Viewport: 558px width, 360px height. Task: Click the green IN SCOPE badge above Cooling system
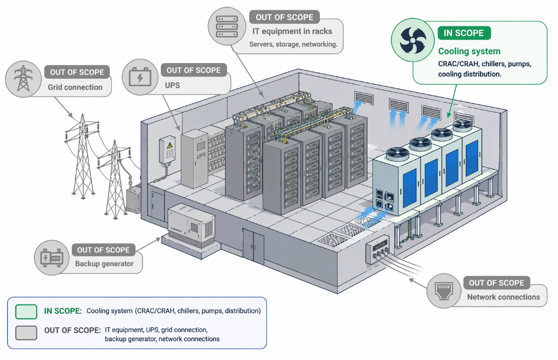click(464, 33)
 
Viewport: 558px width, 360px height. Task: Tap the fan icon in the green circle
click(413, 40)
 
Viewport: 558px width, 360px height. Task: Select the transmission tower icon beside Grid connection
click(23, 78)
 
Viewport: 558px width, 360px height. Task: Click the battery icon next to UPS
click(140, 77)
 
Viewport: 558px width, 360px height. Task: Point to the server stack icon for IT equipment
click(227, 27)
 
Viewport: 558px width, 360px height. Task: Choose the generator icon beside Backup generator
click(52, 257)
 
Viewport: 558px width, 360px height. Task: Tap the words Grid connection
click(75, 87)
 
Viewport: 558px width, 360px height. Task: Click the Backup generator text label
click(104, 264)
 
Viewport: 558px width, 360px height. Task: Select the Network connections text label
click(503, 297)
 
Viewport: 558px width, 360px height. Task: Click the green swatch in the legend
click(27, 312)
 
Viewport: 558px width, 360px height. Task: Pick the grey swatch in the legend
click(27, 333)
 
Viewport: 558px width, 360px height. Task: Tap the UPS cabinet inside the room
click(194, 159)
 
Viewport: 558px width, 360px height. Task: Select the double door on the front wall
click(253, 246)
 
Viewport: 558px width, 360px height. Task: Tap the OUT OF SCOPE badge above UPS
click(194, 70)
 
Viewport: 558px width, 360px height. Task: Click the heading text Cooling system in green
click(469, 51)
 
